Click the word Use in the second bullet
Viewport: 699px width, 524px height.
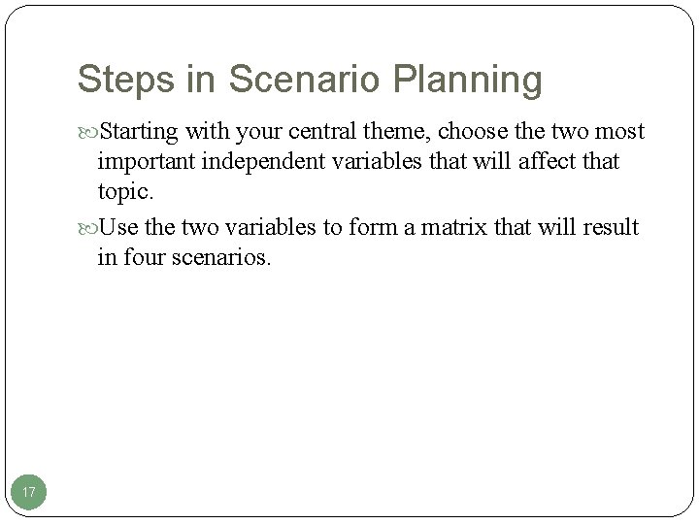(117, 228)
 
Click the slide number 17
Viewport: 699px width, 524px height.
(29, 494)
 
